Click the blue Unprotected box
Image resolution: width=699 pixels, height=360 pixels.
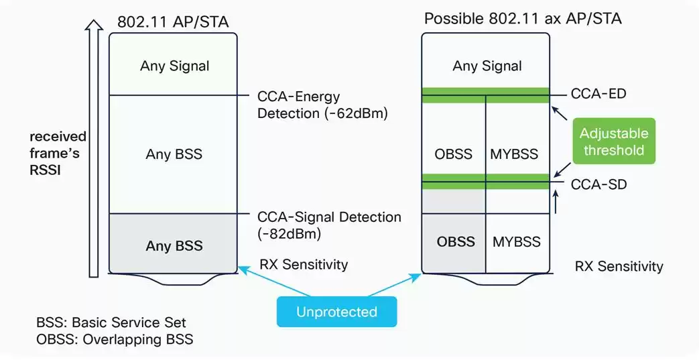(x=336, y=312)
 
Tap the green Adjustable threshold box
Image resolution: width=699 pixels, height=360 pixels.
(x=613, y=141)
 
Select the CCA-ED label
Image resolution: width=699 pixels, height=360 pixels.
(x=598, y=93)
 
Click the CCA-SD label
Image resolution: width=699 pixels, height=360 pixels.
(x=598, y=183)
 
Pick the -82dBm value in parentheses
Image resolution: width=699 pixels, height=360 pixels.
(x=290, y=234)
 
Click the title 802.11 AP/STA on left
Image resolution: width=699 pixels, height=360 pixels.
(x=173, y=21)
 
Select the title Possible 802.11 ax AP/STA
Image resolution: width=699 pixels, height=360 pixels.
(x=523, y=18)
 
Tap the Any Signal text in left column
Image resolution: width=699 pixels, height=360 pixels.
(x=174, y=66)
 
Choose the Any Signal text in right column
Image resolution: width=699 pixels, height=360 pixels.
(x=487, y=66)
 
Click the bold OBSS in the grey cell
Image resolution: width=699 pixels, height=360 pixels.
(x=456, y=241)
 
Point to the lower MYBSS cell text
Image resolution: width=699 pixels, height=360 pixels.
(x=516, y=241)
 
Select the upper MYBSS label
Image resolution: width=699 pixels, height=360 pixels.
(x=515, y=154)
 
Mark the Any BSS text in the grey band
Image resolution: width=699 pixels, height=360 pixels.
(x=174, y=246)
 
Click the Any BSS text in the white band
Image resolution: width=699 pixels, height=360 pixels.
(x=174, y=154)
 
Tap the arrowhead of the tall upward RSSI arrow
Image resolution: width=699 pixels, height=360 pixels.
(x=95, y=25)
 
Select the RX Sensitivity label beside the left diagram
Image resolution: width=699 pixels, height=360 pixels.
(x=304, y=264)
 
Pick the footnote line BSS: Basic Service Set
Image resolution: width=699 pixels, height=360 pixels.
(x=111, y=322)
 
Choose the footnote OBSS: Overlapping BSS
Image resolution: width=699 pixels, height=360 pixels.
(x=115, y=339)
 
